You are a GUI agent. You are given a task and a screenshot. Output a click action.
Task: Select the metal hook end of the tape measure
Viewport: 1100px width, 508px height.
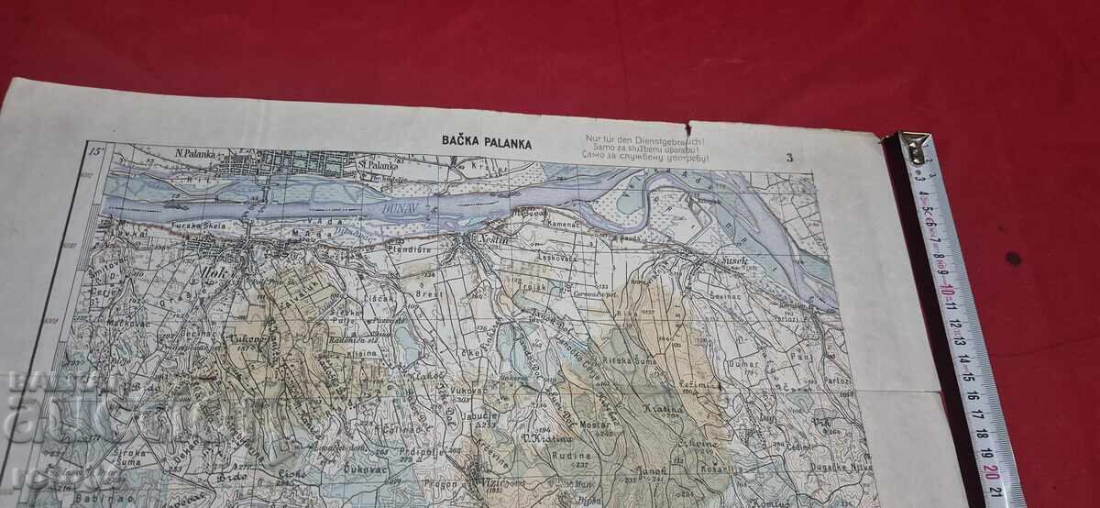913,147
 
